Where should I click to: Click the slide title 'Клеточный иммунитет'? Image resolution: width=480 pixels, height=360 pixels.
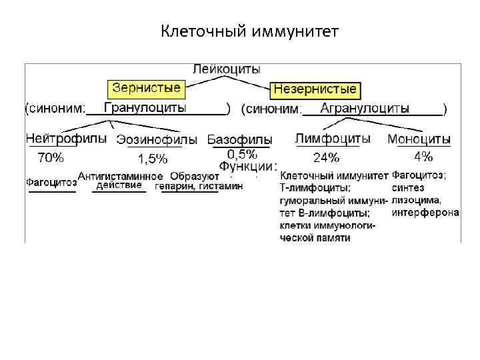pyautogui.click(x=250, y=31)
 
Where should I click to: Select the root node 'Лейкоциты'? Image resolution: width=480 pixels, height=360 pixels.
pyautogui.click(x=227, y=69)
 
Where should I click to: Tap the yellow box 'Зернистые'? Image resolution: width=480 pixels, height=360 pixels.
pyautogui.click(x=146, y=87)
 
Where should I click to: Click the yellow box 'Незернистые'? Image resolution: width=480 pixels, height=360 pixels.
pyautogui.click(x=315, y=89)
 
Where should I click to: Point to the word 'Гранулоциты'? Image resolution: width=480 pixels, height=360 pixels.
pyautogui.click(x=145, y=107)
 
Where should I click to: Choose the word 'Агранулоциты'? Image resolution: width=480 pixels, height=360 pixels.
pyautogui.click(x=365, y=108)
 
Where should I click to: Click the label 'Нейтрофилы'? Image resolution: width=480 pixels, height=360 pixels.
pyautogui.click(x=66, y=139)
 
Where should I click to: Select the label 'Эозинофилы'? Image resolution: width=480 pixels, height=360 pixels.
pyautogui.click(x=157, y=140)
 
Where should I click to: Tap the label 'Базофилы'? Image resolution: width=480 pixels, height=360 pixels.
pyautogui.click(x=239, y=140)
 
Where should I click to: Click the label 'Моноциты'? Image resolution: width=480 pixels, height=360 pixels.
pyautogui.click(x=419, y=140)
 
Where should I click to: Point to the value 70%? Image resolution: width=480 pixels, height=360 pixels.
pyautogui.click(x=51, y=158)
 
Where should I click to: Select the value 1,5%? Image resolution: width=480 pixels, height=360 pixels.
pyautogui.click(x=153, y=159)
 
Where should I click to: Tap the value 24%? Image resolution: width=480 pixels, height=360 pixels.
pyautogui.click(x=326, y=158)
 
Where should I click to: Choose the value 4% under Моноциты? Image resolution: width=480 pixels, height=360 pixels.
pyautogui.click(x=423, y=157)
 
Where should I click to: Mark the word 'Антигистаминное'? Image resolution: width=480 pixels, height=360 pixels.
pyautogui.click(x=121, y=176)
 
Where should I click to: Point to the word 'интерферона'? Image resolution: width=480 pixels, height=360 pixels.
pyautogui.click(x=425, y=213)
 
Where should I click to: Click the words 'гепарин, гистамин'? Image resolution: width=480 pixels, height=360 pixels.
pyautogui.click(x=199, y=187)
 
